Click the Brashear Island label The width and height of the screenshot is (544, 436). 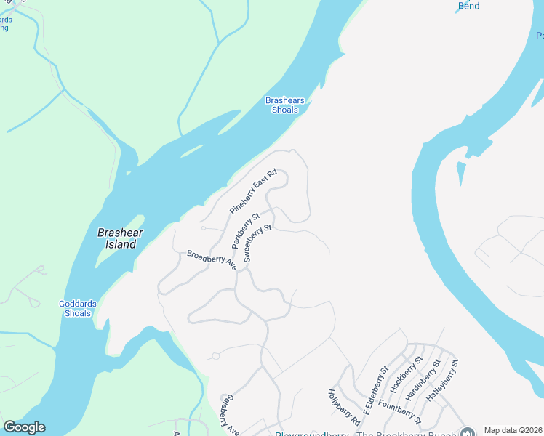click(121, 238)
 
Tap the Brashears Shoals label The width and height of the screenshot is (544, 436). click(284, 105)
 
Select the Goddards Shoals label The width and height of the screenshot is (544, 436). click(76, 309)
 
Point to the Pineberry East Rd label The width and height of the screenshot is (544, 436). click(254, 191)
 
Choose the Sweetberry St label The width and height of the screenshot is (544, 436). click(257, 243)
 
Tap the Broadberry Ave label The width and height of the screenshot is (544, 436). click(212, 259)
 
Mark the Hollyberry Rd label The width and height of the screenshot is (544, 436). click(344, 407)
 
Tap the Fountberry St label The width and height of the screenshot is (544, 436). click(399, 410)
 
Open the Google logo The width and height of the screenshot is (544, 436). click(24, 427)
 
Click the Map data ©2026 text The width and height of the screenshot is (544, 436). click(512, 430)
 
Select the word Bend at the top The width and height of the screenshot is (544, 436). click(469, 7)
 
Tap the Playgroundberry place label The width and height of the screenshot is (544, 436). click(313, 434)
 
